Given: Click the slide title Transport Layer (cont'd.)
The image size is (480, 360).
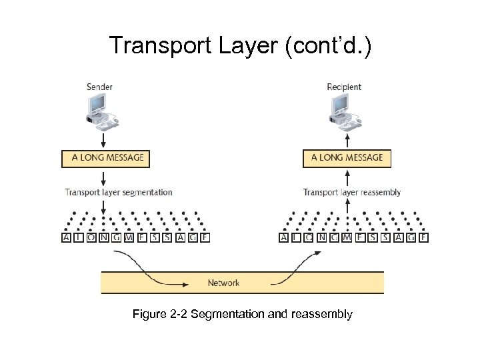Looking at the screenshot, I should pyautogui.click(x=240, y=45).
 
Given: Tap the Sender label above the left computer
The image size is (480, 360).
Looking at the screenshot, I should pyautogui.click(x=99, y=87).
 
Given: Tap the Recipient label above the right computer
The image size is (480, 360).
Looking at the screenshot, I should pyautogui.click(x=344, y=87).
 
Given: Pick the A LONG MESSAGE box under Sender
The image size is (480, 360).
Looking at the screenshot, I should pyautogui.click(x=106, y=158).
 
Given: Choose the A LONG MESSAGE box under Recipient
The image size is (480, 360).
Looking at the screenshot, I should pyautogui.click(x=347, y=158).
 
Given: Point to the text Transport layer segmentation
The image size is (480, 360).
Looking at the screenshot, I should pyautogui.click(x=118, y=193).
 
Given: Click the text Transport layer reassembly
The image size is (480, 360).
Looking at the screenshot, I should pyautogui.click(x=351, y=193).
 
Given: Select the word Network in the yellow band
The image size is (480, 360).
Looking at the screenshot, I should pyautogui.click(x=223, y=283).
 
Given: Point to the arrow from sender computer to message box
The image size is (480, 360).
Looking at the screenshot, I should pyautogui.click(x=103, y=140).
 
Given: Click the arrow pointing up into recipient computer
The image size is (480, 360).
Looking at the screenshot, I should pyautogui.click(x=347, y=140).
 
